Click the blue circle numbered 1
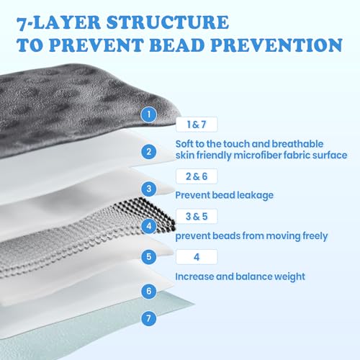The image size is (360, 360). (x=149, y=114)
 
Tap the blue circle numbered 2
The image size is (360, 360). (x=149, y=152)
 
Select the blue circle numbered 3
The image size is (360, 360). (x=149, y=189)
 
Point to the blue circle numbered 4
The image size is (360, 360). (x=149, y=226)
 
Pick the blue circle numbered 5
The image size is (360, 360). (x=149, y=256)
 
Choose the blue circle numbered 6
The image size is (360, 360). (x=149, y=291)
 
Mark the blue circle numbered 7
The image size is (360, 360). (x=149, y=318)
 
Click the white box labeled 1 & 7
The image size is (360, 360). (x=197, y=125)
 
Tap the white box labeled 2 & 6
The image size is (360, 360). (x=197, y=176)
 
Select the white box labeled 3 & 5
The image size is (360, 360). (x=197, y=216)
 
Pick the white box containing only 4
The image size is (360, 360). (x=197, y=257)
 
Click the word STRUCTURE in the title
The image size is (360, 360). (x=168, y=22)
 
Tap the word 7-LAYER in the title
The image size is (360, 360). (x=58, y=23)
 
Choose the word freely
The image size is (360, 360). (x=315, y=236)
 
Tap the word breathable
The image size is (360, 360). (x=297, y=144)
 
